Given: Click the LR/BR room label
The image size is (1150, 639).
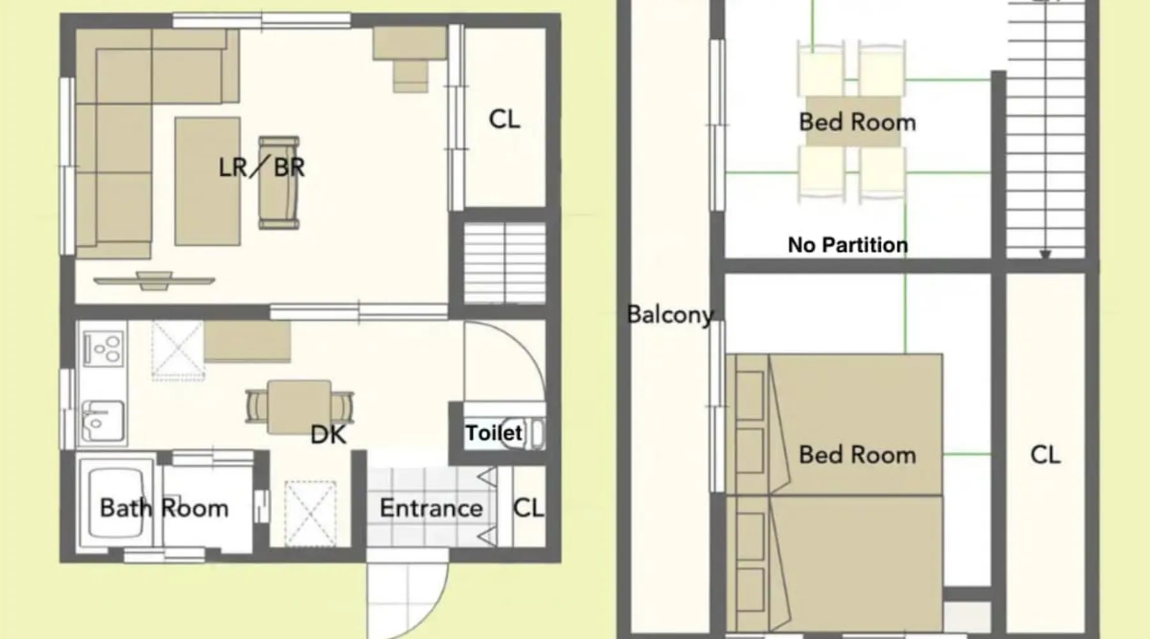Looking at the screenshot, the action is [x=262, y=167].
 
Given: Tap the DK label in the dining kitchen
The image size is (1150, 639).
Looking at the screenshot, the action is [x=328, y=435].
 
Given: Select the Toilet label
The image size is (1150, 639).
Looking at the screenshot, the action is [x=494, y=433].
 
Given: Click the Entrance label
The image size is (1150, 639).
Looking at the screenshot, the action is [x=431, y=508].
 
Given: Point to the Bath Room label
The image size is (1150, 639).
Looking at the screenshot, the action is [x=164, y=508].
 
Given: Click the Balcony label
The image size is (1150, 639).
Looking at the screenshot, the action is [x=670, y=314].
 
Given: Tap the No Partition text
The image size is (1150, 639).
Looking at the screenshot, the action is [x=848, y=245].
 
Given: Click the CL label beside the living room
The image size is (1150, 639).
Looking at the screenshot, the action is [x=504, y=119].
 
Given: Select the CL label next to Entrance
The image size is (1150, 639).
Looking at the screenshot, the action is [x=528, y=508].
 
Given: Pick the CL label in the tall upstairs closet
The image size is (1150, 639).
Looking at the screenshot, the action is [x=1045, y=455].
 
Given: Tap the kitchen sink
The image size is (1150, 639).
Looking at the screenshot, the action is [x=103, y=421].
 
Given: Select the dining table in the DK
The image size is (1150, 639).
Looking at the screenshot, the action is [x=299, y=407].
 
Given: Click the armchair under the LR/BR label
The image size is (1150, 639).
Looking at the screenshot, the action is [x=279, y=183].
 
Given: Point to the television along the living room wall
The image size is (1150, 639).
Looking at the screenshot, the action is [x=154, y=280].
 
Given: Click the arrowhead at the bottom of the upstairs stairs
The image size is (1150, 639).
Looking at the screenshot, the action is [x=1045, y=254].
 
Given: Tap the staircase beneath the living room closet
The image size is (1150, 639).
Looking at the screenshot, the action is [x=504, y=263].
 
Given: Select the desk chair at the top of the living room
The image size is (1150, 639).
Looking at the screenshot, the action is [x=410, y=75].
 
